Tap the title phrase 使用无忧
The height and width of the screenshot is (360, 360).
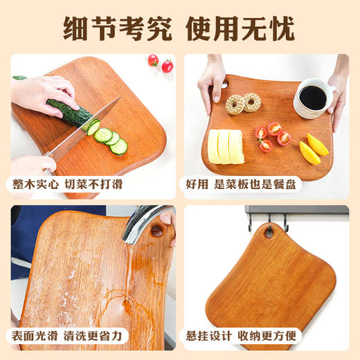(242, 28)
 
